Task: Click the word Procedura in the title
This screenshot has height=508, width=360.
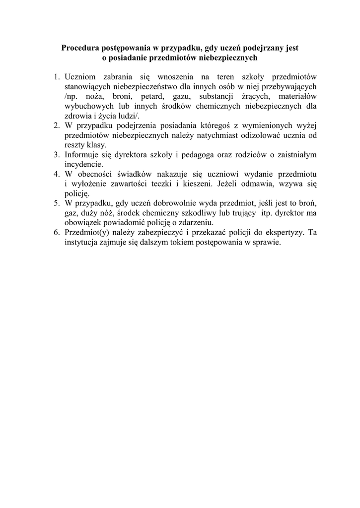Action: tap(80, 48)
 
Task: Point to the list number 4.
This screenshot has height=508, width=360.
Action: tap(57, 174)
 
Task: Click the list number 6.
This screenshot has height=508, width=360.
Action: tap(57, 233)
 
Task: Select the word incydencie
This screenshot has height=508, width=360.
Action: tap(83, 164)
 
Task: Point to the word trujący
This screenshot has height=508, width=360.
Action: tap(242, 213)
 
